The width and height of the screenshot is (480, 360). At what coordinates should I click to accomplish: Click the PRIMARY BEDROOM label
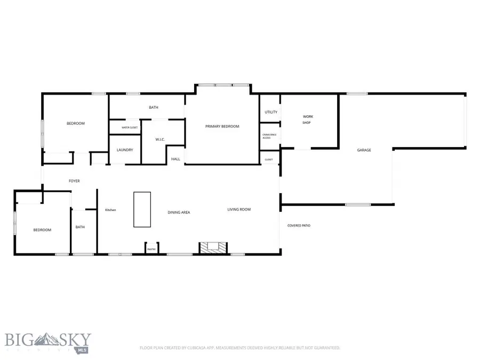(222, 126)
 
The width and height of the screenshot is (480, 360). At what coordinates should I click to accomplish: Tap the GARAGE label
(364, 150)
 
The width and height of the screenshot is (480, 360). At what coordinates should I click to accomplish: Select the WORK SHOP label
(307, 119)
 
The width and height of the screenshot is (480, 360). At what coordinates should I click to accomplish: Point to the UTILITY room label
(271, 112)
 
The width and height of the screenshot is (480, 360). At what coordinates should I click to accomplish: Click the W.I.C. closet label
(160, 140)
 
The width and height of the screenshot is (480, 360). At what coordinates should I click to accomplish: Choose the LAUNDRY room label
(125, 150)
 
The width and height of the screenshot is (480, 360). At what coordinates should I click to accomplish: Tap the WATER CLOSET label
(130, 127)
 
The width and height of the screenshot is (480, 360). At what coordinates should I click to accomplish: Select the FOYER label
(74, 181)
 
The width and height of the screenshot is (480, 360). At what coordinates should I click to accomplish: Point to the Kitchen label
(110, 210)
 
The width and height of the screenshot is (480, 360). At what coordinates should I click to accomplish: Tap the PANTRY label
(151, 249)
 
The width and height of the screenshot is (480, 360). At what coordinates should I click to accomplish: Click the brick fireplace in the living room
(213, 247)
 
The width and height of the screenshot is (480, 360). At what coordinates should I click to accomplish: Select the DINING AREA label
(179, 212)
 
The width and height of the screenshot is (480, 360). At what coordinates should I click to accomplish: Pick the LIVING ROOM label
(239, 210)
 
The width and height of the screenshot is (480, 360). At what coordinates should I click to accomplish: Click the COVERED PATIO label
(299, 226)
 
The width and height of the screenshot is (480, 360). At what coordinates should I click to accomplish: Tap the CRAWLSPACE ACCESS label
(269, 136)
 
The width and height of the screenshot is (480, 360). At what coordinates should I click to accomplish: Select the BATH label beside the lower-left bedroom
(80, 227)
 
